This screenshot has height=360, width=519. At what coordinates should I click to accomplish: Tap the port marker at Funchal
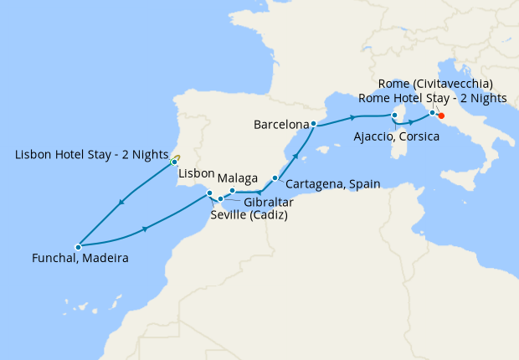(x=77, y=247)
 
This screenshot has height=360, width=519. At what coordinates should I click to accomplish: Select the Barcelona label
(x=280, y=126)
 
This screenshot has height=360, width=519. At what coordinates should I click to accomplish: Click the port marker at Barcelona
(x=312, y=124)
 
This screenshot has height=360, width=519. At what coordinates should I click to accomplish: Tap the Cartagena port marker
(x=275, y=177)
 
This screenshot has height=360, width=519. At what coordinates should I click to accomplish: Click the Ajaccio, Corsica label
(x=396, y=136)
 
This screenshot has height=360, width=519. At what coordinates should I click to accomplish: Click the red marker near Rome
(x=441, y=116)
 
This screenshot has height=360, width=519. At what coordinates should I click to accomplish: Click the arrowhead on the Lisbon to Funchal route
(x=122, y=202)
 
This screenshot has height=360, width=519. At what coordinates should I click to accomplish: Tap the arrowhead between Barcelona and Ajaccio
(x=354, y=116)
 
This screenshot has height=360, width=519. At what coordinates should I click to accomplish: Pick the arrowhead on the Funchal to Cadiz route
(x=146, y=229)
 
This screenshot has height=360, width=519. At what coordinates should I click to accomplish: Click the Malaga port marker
(x=232, y=192)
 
